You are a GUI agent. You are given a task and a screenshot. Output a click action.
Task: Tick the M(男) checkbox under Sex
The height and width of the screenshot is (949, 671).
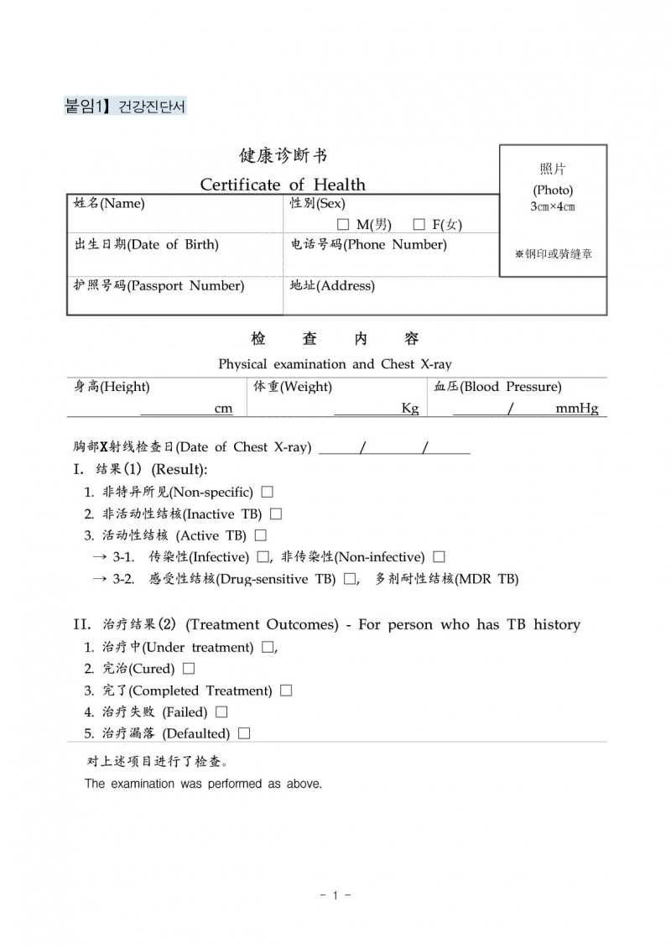[342, 225]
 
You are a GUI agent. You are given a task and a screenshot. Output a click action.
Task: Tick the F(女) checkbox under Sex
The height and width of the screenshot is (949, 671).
[419, 225]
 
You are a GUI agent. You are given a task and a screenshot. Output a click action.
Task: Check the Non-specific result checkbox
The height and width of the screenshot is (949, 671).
[267, 493]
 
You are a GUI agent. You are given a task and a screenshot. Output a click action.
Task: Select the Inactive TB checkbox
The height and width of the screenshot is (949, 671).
[276, 514]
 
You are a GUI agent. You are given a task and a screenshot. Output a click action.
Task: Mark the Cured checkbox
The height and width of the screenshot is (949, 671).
[188, 669]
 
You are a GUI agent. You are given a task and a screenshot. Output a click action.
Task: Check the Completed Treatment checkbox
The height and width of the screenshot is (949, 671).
[286, 691]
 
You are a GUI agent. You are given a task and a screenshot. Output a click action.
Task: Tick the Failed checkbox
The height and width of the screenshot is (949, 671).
[221, 712]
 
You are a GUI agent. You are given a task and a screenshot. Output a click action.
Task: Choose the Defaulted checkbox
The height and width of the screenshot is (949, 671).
[243, 733]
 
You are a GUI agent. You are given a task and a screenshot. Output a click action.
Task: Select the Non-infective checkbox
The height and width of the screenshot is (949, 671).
[439, 557]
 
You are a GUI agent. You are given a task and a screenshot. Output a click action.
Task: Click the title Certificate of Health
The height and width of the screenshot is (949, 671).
[283, 185]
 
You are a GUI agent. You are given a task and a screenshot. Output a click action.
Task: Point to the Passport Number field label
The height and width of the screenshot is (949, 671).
[159, 285]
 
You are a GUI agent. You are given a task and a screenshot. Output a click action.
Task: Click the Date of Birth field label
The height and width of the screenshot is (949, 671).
[147, 244]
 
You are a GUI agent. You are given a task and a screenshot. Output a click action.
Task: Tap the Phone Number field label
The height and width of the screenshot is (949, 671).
[368, 244]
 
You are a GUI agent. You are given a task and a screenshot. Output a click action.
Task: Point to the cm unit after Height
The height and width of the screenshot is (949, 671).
[223, 409]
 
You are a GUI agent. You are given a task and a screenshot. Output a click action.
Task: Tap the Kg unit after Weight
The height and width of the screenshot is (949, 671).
[409, 409]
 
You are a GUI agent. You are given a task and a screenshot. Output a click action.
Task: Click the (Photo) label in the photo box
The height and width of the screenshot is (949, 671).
[553, 190]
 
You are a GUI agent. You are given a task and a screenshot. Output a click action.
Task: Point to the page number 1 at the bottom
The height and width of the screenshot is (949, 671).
[335, 896]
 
